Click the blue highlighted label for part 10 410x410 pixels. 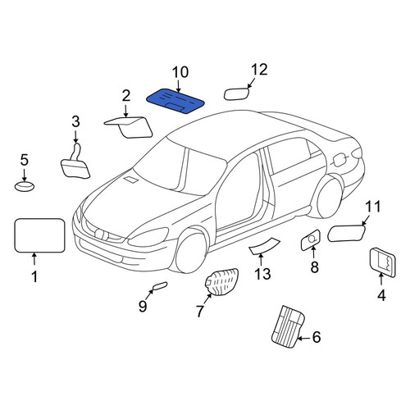coord(175,101)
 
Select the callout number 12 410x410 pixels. coord(259,70)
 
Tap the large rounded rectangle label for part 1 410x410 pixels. coord(39,235)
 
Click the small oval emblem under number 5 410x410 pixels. coord(25,186)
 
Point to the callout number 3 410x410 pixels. coord(75,121)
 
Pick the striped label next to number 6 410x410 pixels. coord(288,327)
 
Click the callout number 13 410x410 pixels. coord(262,274)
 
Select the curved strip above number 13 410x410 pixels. coord(264,245)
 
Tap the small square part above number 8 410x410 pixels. coord(310,240)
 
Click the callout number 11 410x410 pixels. coord(373,207)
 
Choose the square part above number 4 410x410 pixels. coord(382,262)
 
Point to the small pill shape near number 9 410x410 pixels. coord(160,285)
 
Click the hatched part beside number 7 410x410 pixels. coord(221,281)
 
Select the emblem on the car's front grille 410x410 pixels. coord(98,234)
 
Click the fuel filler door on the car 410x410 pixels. coord(339,160)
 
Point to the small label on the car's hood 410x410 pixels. coord(130,180)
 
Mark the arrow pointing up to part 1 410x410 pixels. coord(34,259)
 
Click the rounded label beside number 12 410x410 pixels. coord(237,93)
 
